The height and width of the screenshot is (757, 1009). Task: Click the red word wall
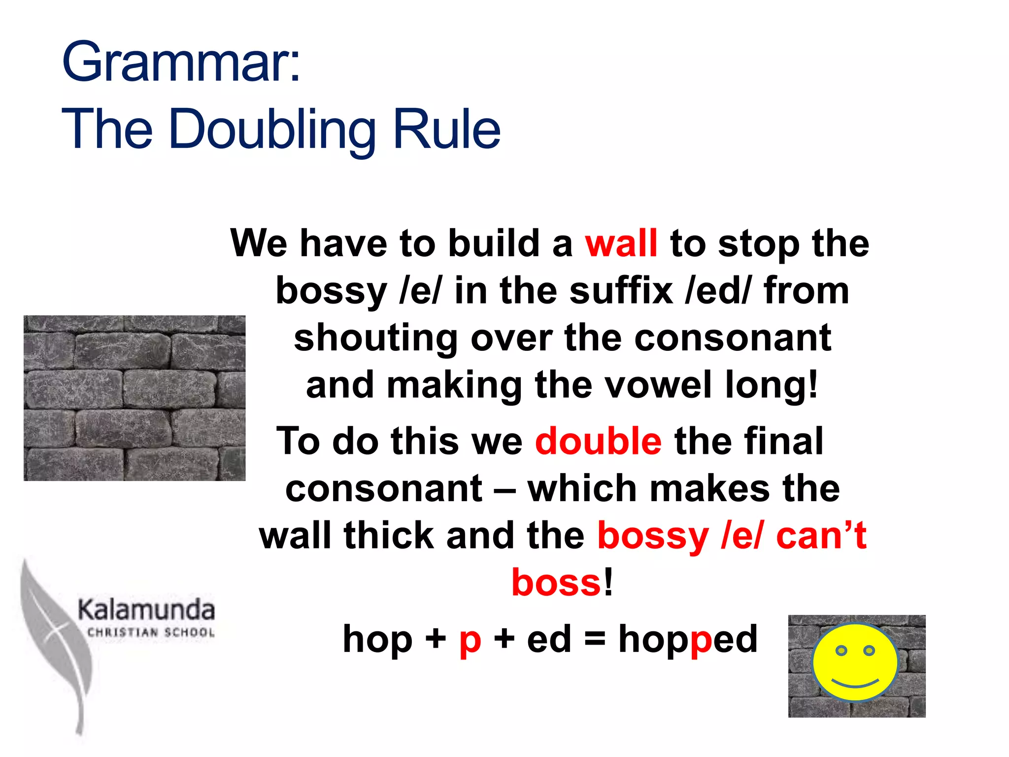coord(621,243)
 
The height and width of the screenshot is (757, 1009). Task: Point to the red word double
coord(598,441)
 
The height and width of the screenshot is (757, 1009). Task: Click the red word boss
coord(556,583)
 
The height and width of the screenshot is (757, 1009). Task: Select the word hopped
coord(688,640)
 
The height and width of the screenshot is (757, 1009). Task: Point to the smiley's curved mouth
coord(855,684)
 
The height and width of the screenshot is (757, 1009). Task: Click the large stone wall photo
coord(134,398)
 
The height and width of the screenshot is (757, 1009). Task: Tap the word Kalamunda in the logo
coord(146,610)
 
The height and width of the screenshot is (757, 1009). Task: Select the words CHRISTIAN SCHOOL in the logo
coord(151,632)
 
